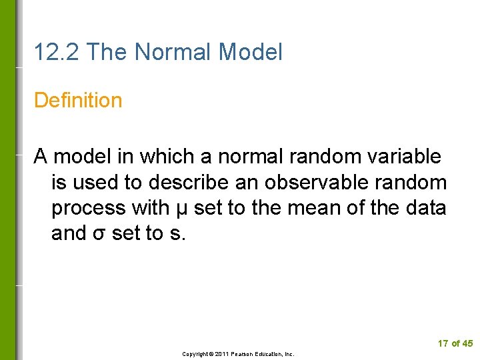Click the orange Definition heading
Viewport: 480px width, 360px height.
78,101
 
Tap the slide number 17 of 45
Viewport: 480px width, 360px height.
455,343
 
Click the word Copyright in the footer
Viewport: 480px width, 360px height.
197,354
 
